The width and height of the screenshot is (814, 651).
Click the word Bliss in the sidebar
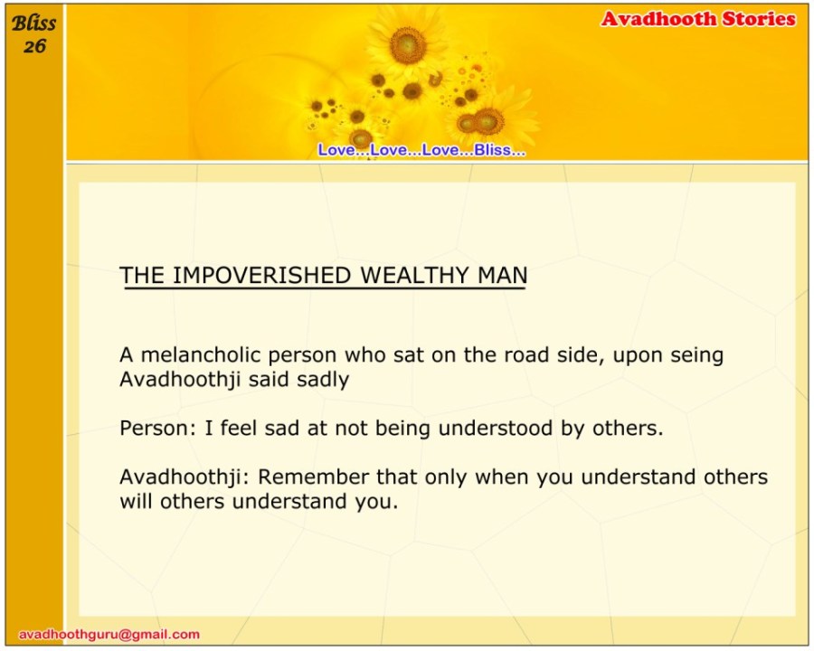33,24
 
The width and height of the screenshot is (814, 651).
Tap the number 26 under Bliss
34,46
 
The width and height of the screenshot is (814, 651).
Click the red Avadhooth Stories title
698,19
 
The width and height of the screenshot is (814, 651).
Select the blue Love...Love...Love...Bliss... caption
421,150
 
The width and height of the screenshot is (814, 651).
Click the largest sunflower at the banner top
408,45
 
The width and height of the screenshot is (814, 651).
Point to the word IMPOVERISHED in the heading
261,275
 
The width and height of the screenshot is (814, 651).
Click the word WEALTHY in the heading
415,275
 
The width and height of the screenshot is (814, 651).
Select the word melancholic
201,355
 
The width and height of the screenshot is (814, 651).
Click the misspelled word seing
696,356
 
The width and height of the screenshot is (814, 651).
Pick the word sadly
323,380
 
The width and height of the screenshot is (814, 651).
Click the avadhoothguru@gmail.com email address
109,635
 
